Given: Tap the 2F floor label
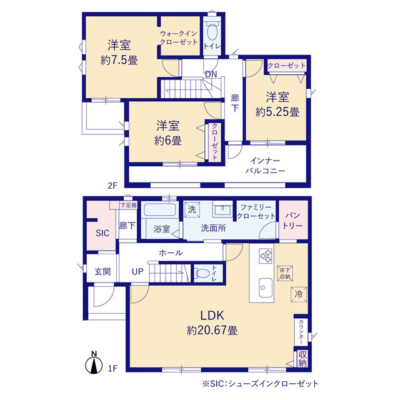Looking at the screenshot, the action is pyautogui.click(x=112, y=186).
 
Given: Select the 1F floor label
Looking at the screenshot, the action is pyautogui.click(x=112, y=368).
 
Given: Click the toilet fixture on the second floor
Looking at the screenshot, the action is pyautogui.click(x=212, y=31).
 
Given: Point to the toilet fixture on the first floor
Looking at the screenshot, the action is pyautogui.click(x=203, y=273).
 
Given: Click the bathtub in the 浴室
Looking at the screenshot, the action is pyautogui.click(x=160, y=210).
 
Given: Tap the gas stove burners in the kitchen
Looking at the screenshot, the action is pyautogui.click(x=266, y=256).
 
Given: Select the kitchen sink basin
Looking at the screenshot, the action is pyautogui.click(x=266, y=287).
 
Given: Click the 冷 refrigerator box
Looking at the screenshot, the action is pyautogui.click(x=299, y=294).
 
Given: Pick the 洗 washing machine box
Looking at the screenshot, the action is pyautogui.click(x=192, y=209).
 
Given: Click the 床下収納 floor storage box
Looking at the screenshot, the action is pyautogui.click(x=285, y=273).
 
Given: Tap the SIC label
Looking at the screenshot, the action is pyautogui.click(x=102, y=232).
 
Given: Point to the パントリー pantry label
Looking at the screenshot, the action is pyautogui.click(x=292, y=221).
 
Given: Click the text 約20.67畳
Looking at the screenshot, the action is pyautogui.click(x=212, y=331).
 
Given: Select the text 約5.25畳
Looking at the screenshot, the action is pyautogui.click(x=277, y=112).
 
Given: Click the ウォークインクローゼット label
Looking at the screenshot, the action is pyautogui.click(x=179, y=37).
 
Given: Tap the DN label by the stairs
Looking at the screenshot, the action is pyautogui.click(x=211, y=74).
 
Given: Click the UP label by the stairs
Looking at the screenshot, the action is pyautogui.click(x=137, y=271).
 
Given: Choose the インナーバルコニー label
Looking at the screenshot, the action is pyautogui.click(x=265, y=166).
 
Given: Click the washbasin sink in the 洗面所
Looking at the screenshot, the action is pyautogui.click(x=222, y=209).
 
